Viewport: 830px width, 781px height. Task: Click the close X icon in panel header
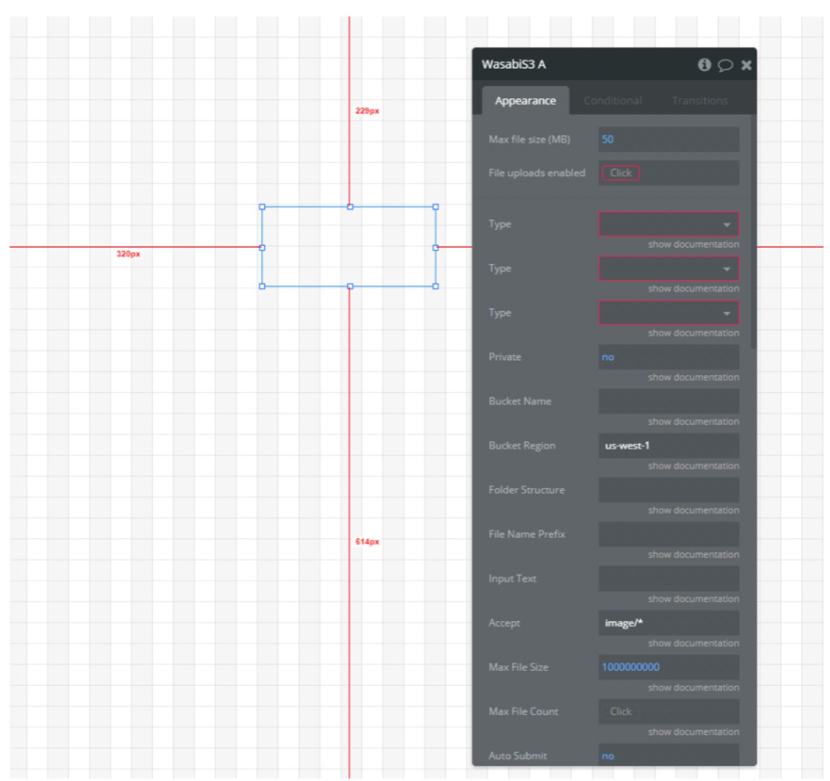point(746,65)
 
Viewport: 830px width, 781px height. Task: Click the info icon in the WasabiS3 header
point(704,65)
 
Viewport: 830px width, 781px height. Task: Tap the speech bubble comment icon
point(725,66)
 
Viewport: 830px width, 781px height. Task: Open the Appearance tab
point(525,101)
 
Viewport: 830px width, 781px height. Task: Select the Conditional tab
point(612,101)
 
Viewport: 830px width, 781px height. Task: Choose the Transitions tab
point(699,101)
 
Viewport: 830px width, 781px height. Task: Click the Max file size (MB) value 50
point(608,139)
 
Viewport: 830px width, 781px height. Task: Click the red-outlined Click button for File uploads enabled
point(621,173)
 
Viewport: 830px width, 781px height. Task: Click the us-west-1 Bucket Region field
point(668,446)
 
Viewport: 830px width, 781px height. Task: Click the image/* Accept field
point(668,623)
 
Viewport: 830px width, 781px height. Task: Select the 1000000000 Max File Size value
point(630,667)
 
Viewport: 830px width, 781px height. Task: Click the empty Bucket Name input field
point(668,401)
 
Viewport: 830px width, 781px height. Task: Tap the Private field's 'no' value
point(608,357)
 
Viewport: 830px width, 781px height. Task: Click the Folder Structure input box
point(668,490)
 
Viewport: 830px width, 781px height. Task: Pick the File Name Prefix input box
point(668,534)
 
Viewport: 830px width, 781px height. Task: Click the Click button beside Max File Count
point(621,712)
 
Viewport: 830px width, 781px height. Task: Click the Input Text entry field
point(668,579)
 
